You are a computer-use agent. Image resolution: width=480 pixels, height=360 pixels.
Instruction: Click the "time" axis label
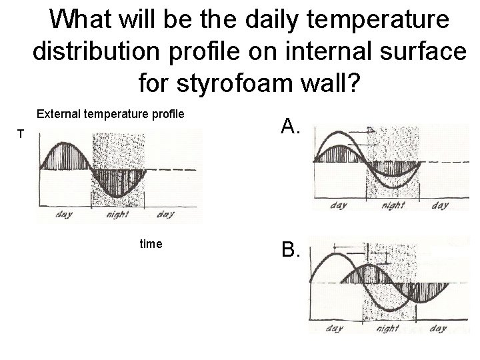[151, 244]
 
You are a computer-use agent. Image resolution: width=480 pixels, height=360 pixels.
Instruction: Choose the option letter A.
[291, 125]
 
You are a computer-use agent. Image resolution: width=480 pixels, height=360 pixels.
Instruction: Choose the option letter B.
[291, 251]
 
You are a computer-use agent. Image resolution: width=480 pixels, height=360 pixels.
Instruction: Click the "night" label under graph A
[393, 205]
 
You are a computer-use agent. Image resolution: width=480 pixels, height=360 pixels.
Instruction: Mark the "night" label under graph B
[387, 329]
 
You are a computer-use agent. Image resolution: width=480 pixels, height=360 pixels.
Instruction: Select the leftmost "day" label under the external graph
[65, 214]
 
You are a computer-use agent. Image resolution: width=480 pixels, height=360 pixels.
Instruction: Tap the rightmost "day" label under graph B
[438, 329]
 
